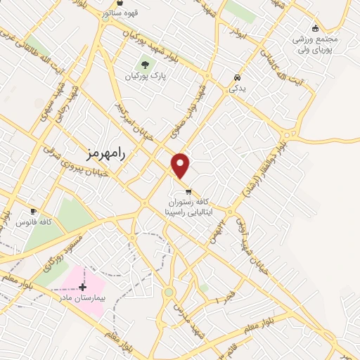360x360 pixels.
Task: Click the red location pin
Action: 181,165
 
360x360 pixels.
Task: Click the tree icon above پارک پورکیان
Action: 146,66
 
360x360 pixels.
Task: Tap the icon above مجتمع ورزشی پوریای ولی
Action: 315,28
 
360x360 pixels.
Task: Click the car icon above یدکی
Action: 238,78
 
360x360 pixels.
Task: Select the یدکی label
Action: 238,89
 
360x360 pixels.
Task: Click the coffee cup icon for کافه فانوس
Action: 32,211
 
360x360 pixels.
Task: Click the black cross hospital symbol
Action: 83,287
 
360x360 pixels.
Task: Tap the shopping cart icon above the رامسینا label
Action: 188,191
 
